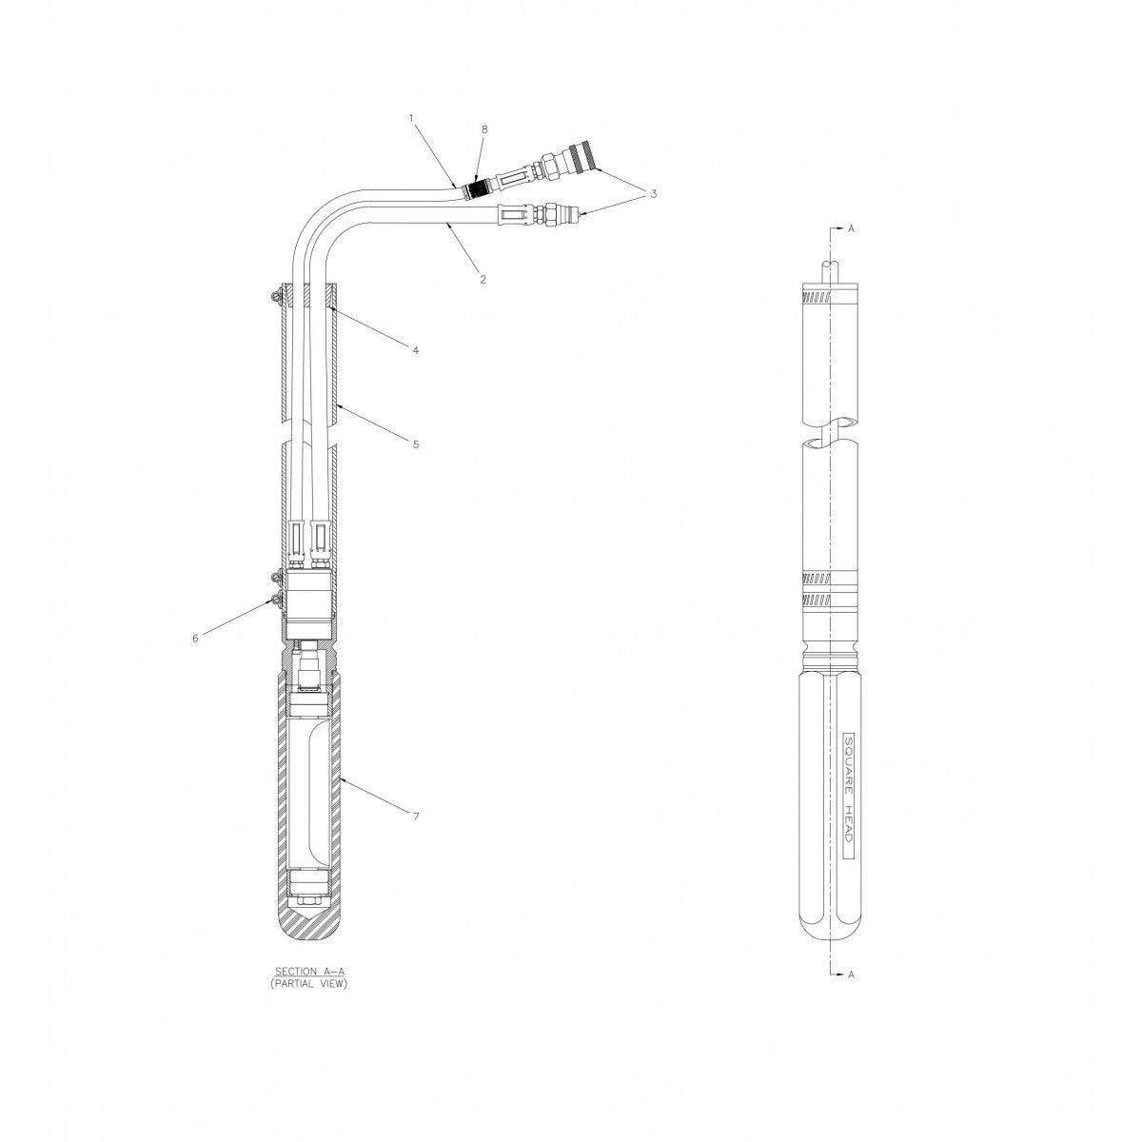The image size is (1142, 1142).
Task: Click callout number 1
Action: [411, 119]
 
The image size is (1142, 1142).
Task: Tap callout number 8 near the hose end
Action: [484, 129]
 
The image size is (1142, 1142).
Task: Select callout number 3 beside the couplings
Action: [654, 194]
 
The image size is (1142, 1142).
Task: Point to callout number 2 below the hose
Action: [483, 279]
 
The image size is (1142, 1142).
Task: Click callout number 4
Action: [416, 350]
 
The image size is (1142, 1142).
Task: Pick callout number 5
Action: [416, 443]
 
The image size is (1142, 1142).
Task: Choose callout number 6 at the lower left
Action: [196, 638]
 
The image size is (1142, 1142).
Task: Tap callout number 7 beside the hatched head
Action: [416, 816]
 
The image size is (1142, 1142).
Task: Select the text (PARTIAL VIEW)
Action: [308, 983]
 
